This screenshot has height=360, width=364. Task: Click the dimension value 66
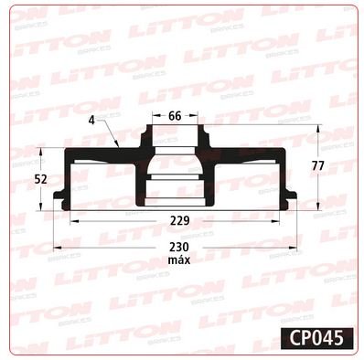175,116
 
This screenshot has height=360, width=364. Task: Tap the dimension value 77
318,166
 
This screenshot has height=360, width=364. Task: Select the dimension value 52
40,179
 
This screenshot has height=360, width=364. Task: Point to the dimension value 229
179,221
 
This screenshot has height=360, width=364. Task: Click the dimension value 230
179,247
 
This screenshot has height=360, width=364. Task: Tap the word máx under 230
179,260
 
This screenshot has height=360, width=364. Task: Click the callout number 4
91,121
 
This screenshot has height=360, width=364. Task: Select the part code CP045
316,338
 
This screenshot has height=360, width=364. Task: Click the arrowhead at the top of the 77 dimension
318,128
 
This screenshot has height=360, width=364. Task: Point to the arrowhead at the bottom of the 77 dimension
318,206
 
